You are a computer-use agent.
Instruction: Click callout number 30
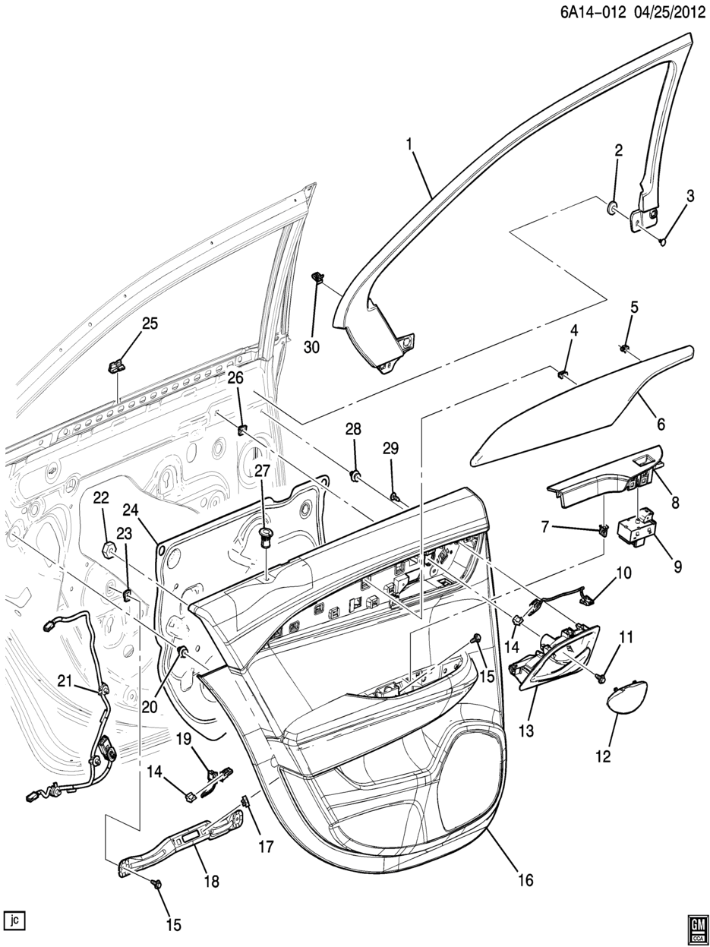click(x=312, y=346)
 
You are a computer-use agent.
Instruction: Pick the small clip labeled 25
click(x=117, y=366)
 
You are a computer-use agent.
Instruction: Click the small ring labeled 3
click(x=663, y=242)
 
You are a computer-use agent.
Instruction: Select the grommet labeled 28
click(x=354, y=476)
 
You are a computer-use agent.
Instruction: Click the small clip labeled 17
click(x=245, y=800)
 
